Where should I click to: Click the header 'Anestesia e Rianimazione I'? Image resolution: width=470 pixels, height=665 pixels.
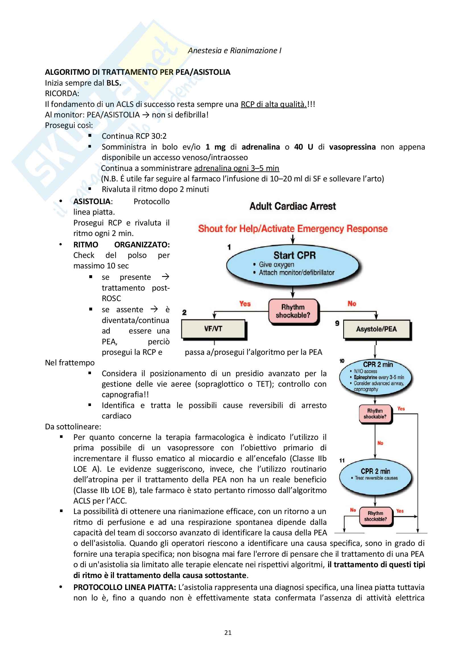coord(235,51)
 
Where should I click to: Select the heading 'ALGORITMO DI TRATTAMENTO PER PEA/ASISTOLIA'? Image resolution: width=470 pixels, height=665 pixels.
coord(138,72)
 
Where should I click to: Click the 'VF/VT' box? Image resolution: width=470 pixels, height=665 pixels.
coord(213,329)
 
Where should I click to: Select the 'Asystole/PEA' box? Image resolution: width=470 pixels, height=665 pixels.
coord(376,329)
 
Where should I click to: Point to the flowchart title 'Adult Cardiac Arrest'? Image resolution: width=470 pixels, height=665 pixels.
coord(293,206)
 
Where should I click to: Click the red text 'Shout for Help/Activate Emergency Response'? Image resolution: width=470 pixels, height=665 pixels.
coord(293,229)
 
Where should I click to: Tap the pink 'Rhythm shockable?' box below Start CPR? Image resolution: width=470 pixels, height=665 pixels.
coord(293,311)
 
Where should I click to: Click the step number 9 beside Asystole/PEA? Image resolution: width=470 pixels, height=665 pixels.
coord(337,323)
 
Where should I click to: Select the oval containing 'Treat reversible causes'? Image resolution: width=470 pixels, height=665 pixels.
coord(376,477)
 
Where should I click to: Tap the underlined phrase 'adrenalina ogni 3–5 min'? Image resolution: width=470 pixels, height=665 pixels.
coord(236,168)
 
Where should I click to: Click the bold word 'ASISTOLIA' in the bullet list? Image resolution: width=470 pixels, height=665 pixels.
coord(92,202)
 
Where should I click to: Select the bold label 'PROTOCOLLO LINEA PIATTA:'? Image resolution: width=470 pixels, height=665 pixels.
coord(125,587)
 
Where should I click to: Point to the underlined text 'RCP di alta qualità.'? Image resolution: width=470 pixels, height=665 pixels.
coord(273,104)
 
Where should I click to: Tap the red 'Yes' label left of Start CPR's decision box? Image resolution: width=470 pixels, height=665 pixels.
coord(245,304)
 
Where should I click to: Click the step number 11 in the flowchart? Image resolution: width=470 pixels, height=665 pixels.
coord(342,461)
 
